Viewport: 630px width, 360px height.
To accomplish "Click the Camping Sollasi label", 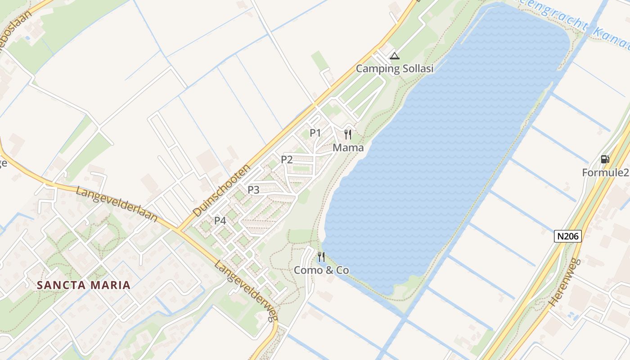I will point(395,68).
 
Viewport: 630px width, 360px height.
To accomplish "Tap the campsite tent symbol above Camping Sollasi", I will point(395,56).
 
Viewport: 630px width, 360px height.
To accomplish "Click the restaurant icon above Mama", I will point(348,135).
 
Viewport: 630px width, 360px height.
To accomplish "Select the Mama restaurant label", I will point(348,148).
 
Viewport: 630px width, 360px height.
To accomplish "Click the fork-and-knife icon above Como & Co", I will point(321,257).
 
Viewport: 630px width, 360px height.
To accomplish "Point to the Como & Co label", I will point(321,270).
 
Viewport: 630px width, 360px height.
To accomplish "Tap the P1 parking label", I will point(315,133).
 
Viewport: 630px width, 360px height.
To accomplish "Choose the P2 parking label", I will point(287,159).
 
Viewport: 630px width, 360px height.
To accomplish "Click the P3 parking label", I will point(253,190).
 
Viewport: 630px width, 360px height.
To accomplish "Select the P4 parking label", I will point(220,220).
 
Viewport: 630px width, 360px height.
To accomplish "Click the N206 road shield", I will point(568,236).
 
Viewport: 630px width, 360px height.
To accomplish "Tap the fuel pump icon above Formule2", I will point(605,159).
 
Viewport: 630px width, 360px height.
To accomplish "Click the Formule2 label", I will point(605,172).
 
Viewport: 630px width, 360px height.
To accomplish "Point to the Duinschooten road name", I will point(221,190).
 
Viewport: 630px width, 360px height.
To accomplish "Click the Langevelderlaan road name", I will point(117,204).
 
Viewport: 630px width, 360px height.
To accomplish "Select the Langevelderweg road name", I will point(246,291).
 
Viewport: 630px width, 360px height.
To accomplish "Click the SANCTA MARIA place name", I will point(84,285).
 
